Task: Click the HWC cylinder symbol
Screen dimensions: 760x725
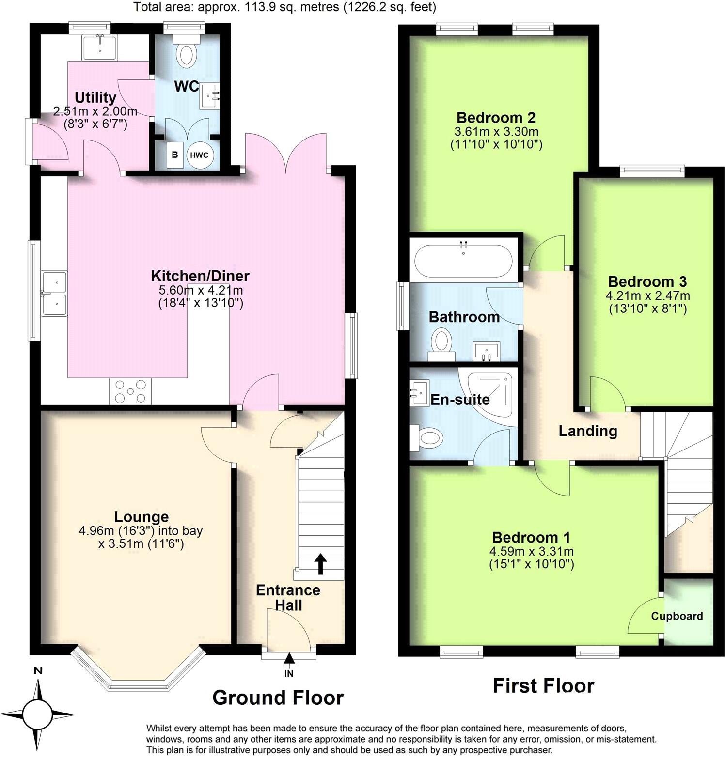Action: click(x=199, y=155)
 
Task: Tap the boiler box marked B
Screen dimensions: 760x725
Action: click(x=175, y=155)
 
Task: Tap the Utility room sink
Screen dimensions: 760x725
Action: click(x=100, y=47)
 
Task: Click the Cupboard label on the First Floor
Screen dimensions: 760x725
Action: click(x=677, y=616)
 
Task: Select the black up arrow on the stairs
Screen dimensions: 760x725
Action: click(x=320, y=564)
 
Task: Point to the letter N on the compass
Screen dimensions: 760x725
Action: click(x=38, y=671)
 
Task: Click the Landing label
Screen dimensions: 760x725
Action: click(x=588, y=431)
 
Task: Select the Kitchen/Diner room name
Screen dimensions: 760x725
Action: click(x=200, y=276)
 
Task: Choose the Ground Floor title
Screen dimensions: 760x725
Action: click(x=278, y=698)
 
